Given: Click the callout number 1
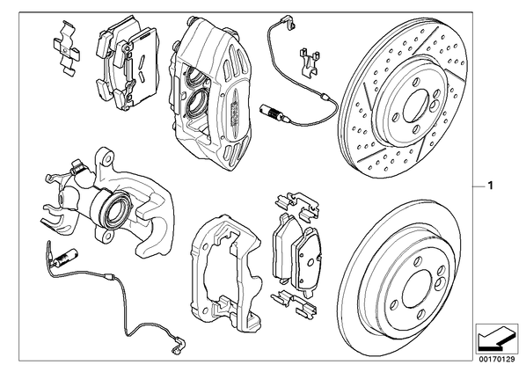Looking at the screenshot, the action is coord(490,186).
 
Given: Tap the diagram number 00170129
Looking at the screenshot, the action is coord(496,360).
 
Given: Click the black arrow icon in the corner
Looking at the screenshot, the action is coord(497,339).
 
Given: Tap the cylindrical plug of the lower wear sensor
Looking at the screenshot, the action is coord(65,257).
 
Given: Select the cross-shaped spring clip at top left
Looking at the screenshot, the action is coord(67,47).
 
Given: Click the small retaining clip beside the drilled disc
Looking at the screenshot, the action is coord(309,62).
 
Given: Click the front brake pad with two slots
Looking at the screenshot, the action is coord(141,67).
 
